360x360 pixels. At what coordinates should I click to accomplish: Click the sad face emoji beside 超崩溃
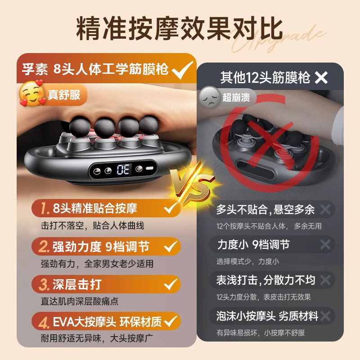209,96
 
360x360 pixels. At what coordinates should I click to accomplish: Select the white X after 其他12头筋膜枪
321,77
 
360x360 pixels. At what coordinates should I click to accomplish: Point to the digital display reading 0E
123,170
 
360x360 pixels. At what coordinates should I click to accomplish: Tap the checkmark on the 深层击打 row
170,284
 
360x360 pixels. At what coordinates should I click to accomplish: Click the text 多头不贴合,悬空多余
265,209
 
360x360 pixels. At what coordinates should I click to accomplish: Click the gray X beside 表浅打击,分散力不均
325,280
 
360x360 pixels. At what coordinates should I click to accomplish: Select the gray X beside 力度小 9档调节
325,245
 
